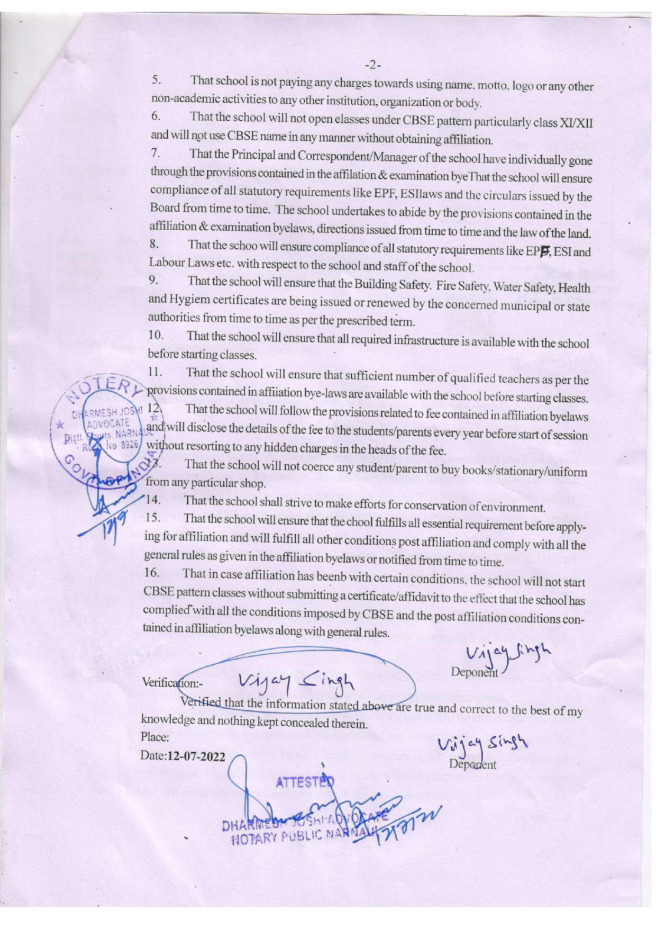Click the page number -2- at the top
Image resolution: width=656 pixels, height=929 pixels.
click(x=372, y=65)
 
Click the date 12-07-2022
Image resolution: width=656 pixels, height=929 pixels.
click(x=196, y=756)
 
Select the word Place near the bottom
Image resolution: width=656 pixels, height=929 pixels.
click(x=154, y=737)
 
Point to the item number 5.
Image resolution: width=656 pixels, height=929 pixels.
click(x=156, y=80)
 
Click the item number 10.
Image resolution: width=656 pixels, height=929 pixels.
click(x=156, y=335)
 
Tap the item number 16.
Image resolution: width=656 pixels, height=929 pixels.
click(x=152, y=572)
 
